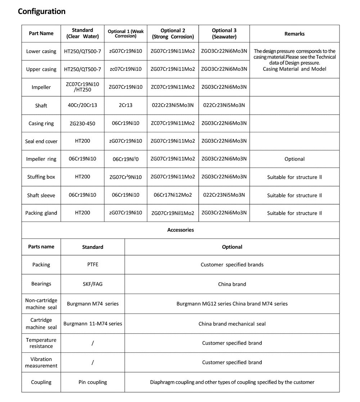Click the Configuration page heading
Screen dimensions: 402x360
pos(42,12)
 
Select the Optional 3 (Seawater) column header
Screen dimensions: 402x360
pos(224,33)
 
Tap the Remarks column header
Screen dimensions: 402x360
pos(294,34)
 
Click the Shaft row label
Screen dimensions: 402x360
pos(41,106)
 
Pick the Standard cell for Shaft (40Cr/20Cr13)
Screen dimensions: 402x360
pos(82,105)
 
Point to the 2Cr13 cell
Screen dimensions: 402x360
pos(125,105)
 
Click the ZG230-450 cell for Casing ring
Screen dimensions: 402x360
pos(82,123)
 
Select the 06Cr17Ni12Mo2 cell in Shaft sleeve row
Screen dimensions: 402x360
pos(173,195)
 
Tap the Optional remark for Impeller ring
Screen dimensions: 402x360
pos(294,159)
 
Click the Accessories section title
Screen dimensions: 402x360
pos(180,230)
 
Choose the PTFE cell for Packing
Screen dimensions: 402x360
pos(93,265)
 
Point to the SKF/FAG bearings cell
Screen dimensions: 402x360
pos(93,284)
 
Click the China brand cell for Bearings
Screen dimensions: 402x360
pos(232,284)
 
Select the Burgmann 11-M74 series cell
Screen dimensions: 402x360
pos(93,324)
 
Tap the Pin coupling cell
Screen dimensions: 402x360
pos(93,382)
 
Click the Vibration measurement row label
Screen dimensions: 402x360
pos(41,362)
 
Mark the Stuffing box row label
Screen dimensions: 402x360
pos(41,177)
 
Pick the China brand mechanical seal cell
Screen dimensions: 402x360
pos(232,324)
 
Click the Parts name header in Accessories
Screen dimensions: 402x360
pos(41,247)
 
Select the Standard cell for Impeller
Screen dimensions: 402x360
pos(82,87)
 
